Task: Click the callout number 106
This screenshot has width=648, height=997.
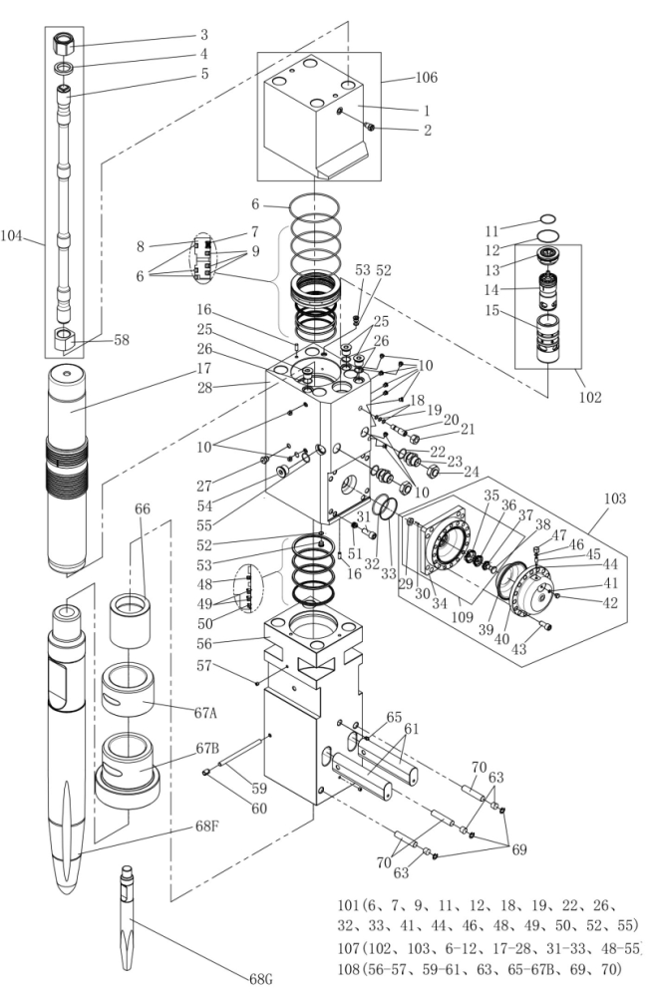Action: [426, 78]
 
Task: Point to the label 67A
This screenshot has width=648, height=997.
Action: [205, 713]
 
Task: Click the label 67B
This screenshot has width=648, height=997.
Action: [206, 748]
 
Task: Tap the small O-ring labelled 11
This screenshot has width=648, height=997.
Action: [547, 220]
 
